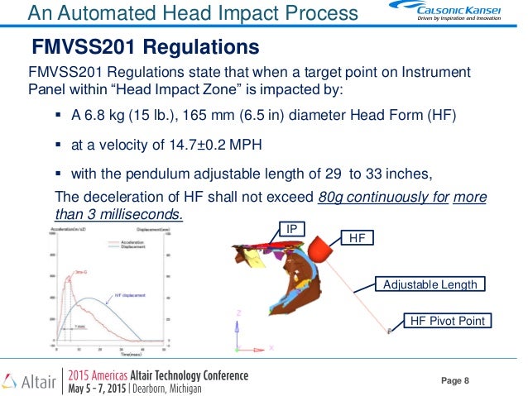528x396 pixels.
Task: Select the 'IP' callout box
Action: [291, 227]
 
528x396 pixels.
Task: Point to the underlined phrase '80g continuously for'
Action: [381, 197]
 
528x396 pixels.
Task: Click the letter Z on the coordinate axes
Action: [238, 313]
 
